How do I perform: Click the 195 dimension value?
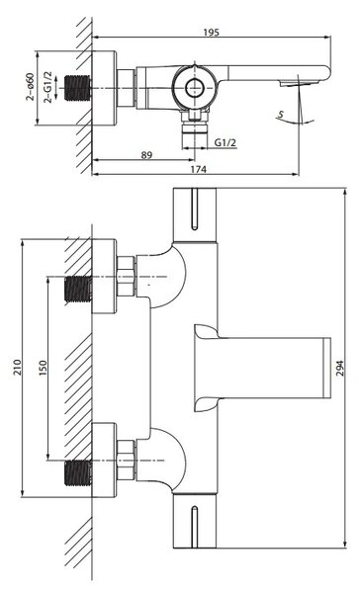[211, 33]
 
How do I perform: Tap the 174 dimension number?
[198, 169]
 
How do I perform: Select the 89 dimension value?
[146, 155]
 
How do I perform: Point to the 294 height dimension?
[340, 368]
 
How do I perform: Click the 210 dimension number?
[18, 368]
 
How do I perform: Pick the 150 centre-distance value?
[43, 368]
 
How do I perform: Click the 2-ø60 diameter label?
[30, 87]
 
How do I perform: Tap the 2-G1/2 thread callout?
[47, 87]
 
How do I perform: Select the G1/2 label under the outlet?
[225, 142]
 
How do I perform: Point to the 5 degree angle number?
[281, 114]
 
